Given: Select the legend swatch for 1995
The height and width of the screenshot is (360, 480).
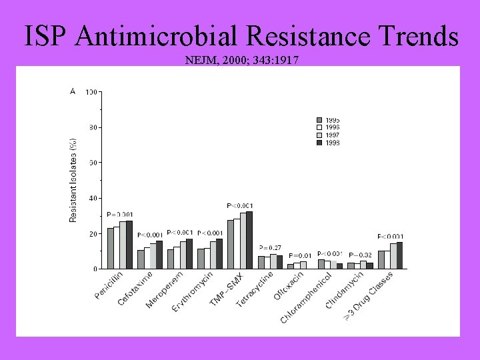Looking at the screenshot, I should pos(319,121).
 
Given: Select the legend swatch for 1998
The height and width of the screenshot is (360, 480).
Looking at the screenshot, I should pos(319,143).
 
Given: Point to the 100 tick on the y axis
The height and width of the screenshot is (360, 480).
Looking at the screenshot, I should pos(92,92).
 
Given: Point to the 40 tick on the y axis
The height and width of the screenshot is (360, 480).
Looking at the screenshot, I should pos(92,198).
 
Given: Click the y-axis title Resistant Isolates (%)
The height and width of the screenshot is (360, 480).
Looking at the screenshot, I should pos(73,180).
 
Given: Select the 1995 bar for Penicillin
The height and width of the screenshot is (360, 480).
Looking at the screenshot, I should pos(111,248).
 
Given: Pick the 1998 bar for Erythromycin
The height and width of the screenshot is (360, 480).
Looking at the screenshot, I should pos(219,253).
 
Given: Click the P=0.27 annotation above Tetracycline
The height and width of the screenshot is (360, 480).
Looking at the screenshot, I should pos(270,248).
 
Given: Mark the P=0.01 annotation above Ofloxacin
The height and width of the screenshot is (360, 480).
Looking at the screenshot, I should pos(300,255).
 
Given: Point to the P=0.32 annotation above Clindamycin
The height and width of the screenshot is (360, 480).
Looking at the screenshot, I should pos(360,255).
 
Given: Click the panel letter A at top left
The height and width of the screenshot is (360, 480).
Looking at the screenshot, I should pos(73,91).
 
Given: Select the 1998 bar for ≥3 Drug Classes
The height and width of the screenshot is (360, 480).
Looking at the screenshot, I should pos(399,255).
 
